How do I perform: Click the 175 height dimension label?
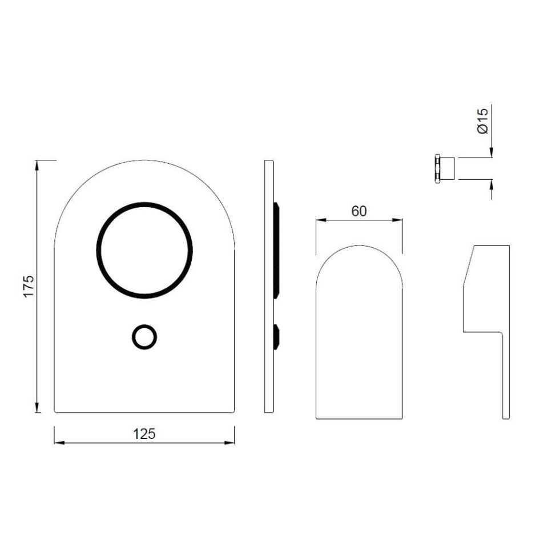click(x=29, y=285)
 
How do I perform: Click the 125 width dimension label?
click(x=144, y=433)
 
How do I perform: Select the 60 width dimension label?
click(x=358, y=211)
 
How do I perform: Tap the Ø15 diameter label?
click(x=482, y=120)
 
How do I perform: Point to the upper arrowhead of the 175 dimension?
click(x=38, y=165)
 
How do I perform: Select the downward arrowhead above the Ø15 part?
click(x=491, y=152)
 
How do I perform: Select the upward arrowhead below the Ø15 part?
click(x=491, y=184)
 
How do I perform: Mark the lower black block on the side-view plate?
click(x=276, y=336)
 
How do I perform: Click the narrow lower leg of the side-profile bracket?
click(x=505, y=377)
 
